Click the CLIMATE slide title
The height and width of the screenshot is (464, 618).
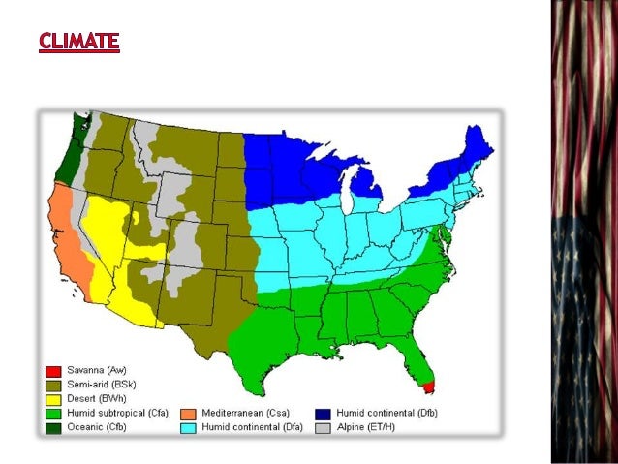click(79, 42)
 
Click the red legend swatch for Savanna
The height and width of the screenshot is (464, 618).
click(54, 371)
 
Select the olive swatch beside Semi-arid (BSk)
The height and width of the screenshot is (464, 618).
click(54, 385)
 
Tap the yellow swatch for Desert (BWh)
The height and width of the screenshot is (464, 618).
click(54, 398)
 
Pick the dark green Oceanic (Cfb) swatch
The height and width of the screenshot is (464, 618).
click(54, 426)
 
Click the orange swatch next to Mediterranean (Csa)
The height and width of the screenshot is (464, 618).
click(188, 413)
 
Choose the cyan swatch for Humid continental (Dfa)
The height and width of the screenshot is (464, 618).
click(188, 426)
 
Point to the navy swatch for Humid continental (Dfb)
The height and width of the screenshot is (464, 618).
click(324, 413)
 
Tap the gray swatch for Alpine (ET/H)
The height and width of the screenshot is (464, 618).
click(324, 426)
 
